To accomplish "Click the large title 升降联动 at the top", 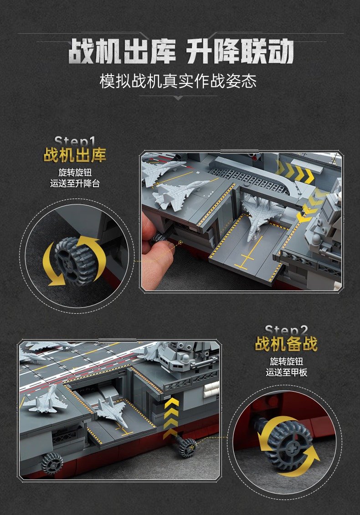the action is (240, 51).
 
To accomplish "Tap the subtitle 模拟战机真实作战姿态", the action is (178, 81).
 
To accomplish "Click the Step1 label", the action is (75, 142).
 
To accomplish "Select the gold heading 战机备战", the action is (286, 344).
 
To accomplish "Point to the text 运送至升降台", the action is (75, 183).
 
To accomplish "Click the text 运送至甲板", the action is (286, 372).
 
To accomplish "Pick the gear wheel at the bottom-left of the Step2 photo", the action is (51, 463).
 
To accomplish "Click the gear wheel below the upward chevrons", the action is (187, 447).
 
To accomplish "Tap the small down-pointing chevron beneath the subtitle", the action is (178, 98).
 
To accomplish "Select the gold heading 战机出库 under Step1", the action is (75, 155).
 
